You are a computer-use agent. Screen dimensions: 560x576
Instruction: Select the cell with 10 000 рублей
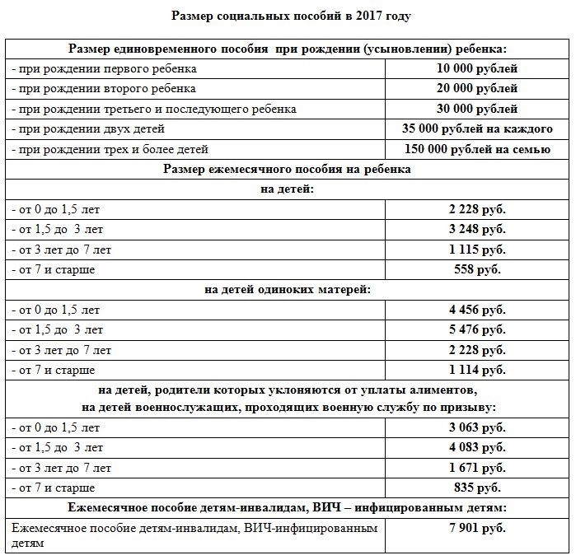[x=478, y=69]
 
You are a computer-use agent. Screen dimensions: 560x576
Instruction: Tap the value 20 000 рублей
[x=478, y=89]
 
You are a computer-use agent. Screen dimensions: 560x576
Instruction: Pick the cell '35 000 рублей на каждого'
[x=478, y=129]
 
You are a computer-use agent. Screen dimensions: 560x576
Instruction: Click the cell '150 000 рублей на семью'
[x=478, y=149]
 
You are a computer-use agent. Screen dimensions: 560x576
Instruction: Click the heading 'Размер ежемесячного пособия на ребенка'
[x=287, y=169]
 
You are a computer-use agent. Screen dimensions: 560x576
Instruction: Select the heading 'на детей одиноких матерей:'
[x=287, y=290]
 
